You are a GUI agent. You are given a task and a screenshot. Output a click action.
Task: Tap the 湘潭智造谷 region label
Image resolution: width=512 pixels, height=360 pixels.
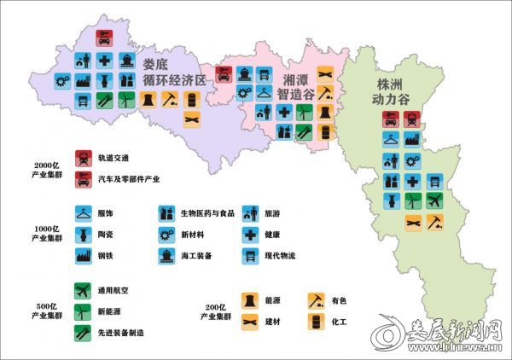[299, 86]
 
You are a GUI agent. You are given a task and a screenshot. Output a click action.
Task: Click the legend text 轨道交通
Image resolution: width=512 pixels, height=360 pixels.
[116, 158]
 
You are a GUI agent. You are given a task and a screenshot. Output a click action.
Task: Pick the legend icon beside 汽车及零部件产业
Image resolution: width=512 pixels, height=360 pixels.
[83, 179]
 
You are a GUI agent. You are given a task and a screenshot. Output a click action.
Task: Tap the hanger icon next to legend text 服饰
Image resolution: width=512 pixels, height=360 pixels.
[83, 214]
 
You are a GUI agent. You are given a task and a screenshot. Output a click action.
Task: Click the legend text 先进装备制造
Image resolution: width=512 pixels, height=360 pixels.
[122, 333]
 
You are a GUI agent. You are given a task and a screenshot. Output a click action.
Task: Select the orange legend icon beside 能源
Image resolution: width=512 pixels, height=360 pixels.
[249, 299]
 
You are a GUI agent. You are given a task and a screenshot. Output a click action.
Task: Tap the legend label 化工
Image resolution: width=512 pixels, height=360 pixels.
[341, 321]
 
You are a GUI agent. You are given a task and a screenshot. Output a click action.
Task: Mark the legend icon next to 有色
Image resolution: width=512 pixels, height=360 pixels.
[317, 299]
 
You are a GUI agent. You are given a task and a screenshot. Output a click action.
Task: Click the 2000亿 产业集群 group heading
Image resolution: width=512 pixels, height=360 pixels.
[45, 170]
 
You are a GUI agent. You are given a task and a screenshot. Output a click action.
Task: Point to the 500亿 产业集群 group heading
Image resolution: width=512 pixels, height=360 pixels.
[45, 311]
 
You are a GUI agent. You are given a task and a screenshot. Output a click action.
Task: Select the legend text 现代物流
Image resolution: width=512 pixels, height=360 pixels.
[282, 255]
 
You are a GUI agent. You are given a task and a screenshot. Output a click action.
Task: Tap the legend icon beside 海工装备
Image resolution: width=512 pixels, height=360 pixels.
[166, 255]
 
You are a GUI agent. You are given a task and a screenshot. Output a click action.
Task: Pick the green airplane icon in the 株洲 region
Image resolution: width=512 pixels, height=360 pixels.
[434, 201]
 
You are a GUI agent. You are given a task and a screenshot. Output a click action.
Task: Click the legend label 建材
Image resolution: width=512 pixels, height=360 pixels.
[273, 321]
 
